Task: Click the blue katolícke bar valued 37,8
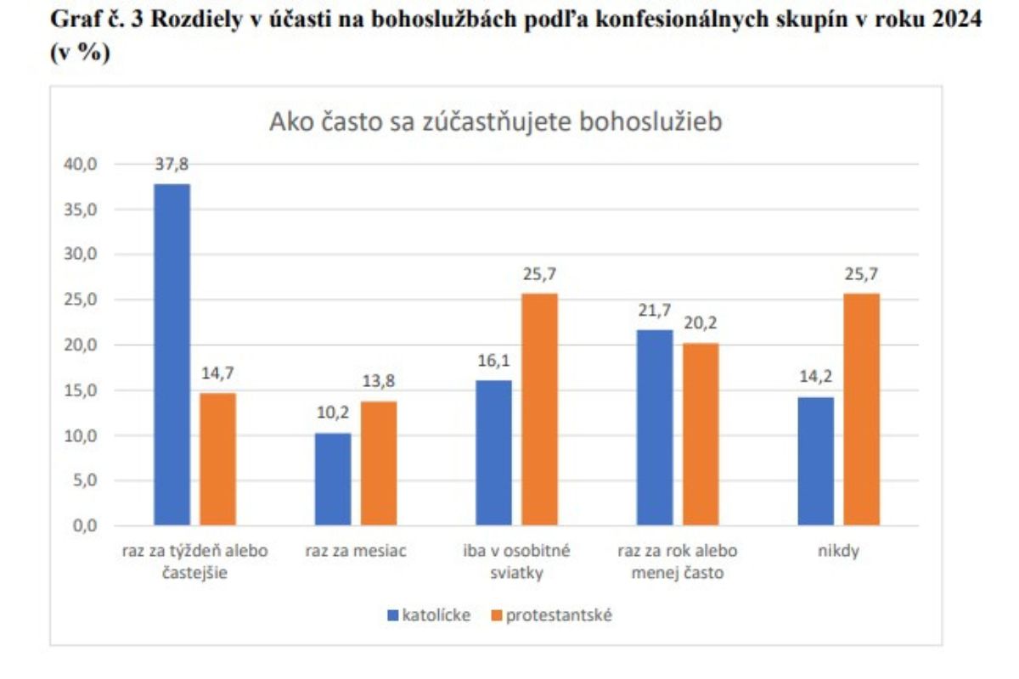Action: pyautogui.click(x=172, y=355)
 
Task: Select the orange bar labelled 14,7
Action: pyautogui.click(x=217, y=459)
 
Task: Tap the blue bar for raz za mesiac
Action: pyautogui.click(x=332, y=480)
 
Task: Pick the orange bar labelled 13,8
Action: pyautogui.click(x=379, y=463)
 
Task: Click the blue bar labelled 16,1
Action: pyautogui.click(x=493, y=453)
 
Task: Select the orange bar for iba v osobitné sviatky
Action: pyautogui.click(x=539, y=410)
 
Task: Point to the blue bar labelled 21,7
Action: pyautogui.click(x=654, y=428)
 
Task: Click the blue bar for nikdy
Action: pyautogui.click(x=815, y=462)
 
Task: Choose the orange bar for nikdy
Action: pyautogui.click(x=861, y=410)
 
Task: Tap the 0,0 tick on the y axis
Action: pyautogui.click(x=84, y=526)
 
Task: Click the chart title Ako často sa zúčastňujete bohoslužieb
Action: pyautogui.click(x=496, y=122)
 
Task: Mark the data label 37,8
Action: pyautogui.click(x=172, y=166)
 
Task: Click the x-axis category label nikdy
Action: pyautogui.click(x=838, y=551)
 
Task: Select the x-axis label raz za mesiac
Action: pyautogui.click(x=356, y=551)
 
